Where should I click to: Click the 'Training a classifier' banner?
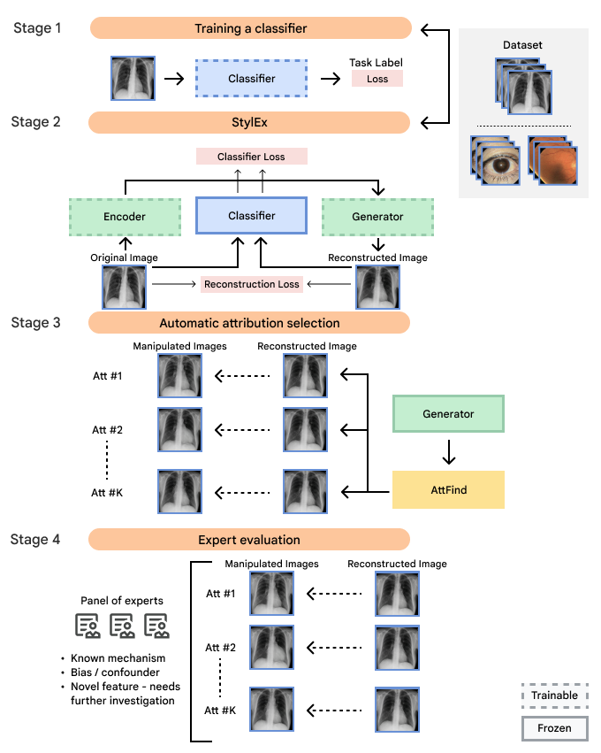(x=251, y=28)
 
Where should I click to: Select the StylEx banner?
(x=249, y=122)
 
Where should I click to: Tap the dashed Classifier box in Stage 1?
(x=251, y=78)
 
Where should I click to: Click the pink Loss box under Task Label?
(x=377, y=79)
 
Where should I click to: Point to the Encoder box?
(x=125, y=217)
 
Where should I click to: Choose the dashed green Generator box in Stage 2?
(x=377, y=217)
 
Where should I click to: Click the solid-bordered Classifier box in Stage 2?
(x=251, y=216)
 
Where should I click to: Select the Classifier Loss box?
(x=251, y=157)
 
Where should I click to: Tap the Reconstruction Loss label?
(x=251, y=284)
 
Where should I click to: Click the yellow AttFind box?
(x=448, y=490)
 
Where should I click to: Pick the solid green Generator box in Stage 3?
(x=448, y=414)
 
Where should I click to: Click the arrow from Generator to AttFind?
(x=449, y=452)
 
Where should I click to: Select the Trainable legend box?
(x=554, y=695)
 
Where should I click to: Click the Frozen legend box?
(x=554, y=728)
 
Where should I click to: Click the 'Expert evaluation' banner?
(x=249, y=540)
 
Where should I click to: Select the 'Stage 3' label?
(x=36, y=323)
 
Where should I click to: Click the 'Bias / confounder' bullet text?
(x=115, y=672)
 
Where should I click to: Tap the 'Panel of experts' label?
(x=122, y=601)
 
